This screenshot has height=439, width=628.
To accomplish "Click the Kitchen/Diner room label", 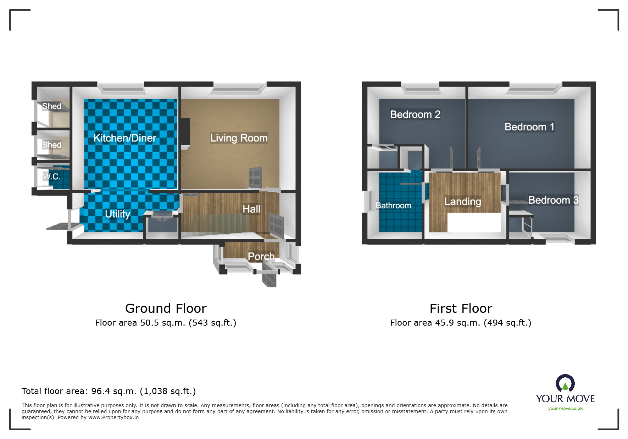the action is click(x=125, y=138).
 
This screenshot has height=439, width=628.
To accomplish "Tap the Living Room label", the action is click(x=239, y=138).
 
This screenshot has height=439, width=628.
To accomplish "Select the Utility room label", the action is click(x=117, y=214).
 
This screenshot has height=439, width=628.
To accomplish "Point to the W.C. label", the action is click(x=52, y=176).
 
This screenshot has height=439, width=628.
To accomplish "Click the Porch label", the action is click(x=261, y=256).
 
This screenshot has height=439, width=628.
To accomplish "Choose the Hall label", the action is click(x=251, y=209).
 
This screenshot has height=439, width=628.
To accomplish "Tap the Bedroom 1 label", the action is click(x=529, y=127).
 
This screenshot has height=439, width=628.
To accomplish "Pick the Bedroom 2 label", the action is click(x=415, y=114).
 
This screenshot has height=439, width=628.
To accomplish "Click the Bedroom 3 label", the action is click(x=553, y=200).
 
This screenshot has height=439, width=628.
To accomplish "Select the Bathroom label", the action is click(x=393, y=206).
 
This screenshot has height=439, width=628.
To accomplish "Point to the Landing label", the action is click(x=462, y=202).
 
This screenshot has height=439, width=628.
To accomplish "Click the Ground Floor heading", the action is click(x=166, y=309).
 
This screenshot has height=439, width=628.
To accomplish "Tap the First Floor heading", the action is click(x=461, y=309).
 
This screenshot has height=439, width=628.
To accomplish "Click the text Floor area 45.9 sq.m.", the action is click(x=435, y=323).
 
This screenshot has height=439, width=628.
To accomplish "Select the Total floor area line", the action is click(x=109, y=391).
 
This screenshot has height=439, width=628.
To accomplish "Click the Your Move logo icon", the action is click(x=565, y=383).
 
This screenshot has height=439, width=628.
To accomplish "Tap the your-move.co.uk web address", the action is click(x=565, y=409).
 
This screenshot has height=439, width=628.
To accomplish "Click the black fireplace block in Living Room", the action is click(x=185, y=133).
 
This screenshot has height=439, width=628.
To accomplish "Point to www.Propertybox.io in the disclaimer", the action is click(x=113, y=417).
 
